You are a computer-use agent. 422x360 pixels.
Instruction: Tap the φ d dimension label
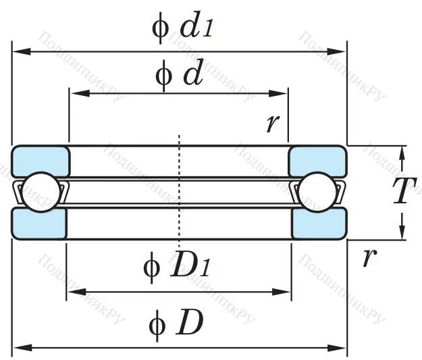(179, 75)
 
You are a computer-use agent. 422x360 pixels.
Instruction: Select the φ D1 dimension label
(177, 267)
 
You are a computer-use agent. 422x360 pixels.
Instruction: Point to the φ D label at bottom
(176, 325)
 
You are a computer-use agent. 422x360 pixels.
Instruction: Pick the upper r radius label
(273, 123)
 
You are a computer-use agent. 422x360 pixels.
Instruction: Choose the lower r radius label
(368, 257)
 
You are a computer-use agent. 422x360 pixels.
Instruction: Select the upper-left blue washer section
(41, 161)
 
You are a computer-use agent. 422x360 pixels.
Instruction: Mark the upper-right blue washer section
(317, 161)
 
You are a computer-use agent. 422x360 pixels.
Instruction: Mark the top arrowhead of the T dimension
(402, 151)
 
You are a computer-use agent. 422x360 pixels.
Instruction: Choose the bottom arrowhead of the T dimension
(402, 234)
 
